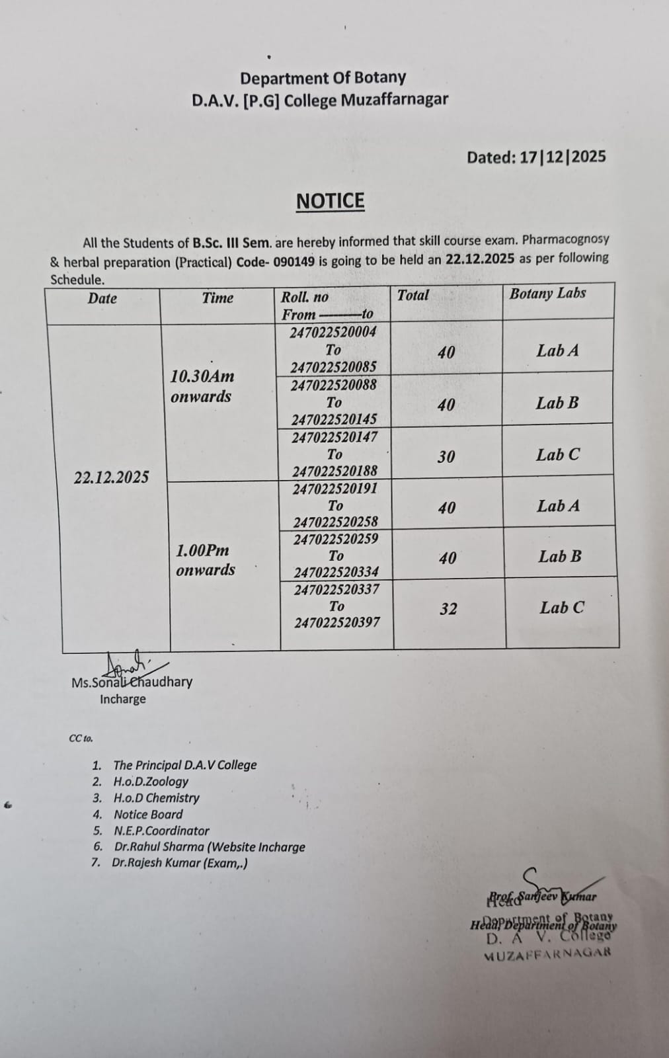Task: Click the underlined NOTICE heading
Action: click(330, 201)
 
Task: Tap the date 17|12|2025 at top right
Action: click(563, 157)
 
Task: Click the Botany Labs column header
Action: click(547, 294)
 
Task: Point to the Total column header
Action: click(413, 296)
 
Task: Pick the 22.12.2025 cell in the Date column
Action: click(111, 477)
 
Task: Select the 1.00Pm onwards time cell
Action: click(205, 559)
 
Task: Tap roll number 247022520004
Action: click(333, 332)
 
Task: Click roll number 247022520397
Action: click(337, 622)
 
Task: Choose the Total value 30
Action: click(446, 457)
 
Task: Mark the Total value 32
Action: click(448, 609)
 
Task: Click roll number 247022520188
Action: click(335, 471)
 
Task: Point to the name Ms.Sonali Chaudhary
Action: click(132, 682)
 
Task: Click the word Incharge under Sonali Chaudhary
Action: click(123, 699)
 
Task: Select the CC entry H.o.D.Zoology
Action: click(151, 782)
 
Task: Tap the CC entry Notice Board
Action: click(148, 815)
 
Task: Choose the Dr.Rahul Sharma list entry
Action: click(210, 847)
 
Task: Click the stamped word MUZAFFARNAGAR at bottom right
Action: click(547, 954)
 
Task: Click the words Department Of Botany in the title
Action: click(323, 78)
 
